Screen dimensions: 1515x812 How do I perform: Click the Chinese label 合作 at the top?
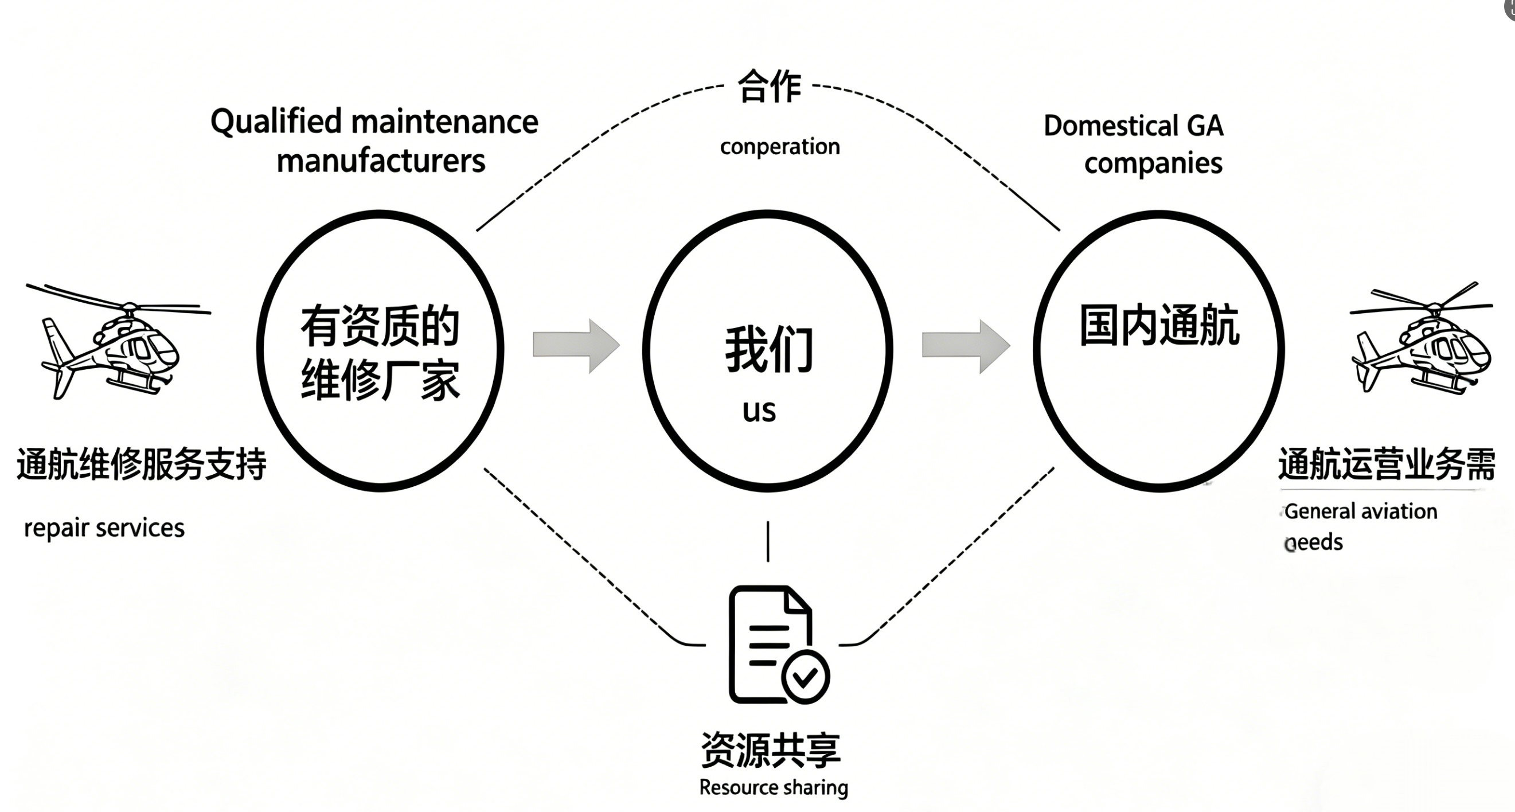pyautogui.click(x=770, y=87)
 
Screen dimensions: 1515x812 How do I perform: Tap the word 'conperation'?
pyautogui.click(x=780, y=146)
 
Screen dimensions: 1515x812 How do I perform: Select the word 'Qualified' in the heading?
pyautogui.click(x=276, y=122)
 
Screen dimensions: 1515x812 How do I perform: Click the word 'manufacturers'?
pyautogui.click(x=381, y=161)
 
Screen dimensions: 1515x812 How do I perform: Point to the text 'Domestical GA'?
pyautogui.click(x=1133, y=126)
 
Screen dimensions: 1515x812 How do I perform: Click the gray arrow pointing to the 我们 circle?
pyautogui.click(x=576, y=346)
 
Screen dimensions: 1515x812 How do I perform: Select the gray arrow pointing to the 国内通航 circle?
pyautogui.click(x=966, y=346)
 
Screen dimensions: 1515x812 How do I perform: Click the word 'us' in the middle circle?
pyautogui.click(x=759, y=411)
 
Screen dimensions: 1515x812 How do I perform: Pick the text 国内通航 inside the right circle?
pyautogui.click(x=1159, y=325)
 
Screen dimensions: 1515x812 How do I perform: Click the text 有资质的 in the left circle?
pyautogui.click(x=380, y=326)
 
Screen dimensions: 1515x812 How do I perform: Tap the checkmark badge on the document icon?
pyautogui.click(x=805, y=677)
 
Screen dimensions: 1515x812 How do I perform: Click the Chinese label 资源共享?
pyautogui.click(x=771, y=749)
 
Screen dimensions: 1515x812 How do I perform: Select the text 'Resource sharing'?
pyautogui.click(x=774, y=787)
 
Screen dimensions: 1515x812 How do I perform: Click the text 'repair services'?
pyautogui.click(x=104, y=528)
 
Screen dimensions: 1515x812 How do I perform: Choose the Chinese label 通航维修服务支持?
pyautogui.click(x=142, y=464)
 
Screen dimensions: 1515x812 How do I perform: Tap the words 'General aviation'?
pyautogui.click(x=1360, y=512)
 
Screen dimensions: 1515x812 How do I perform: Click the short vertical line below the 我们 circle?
pyautogui.click(x=767, y=541)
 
